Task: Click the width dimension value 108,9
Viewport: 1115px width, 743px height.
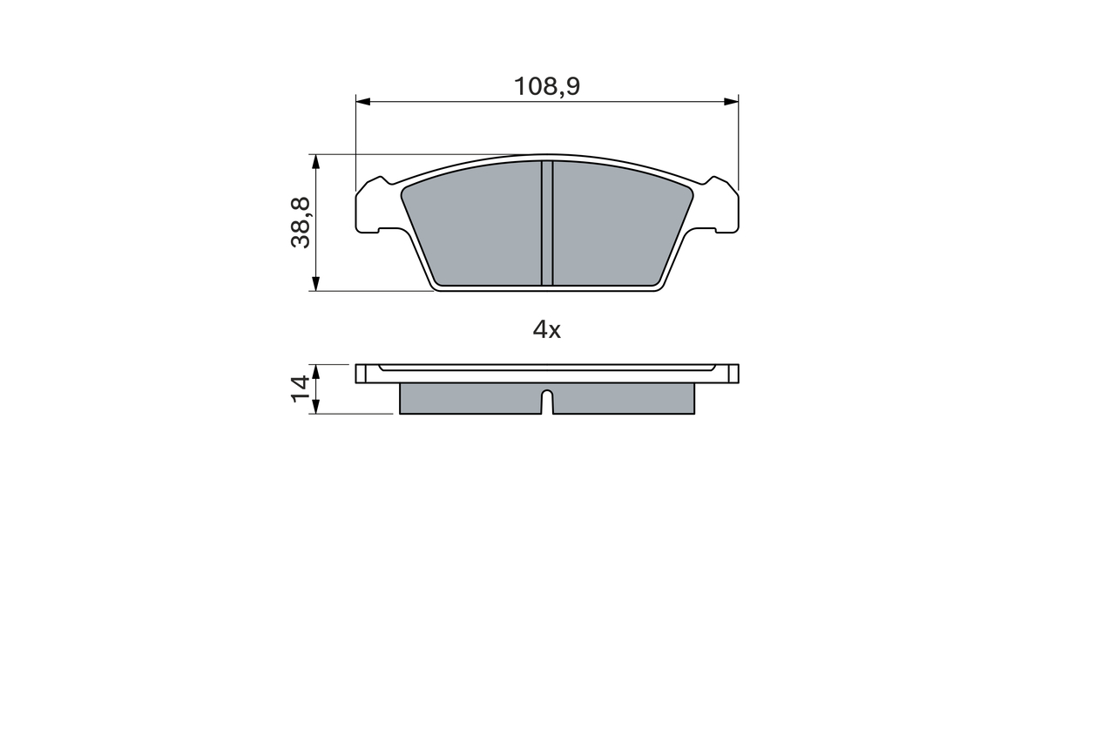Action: click(x=546, y=86)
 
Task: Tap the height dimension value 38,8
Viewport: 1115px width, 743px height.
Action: click(x=301, y=222)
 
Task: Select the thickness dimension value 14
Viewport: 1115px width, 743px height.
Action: click(x=301, y=388)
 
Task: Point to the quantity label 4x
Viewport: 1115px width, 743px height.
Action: click(x=546, y=329)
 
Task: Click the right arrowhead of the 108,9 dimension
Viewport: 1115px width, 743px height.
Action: click(x=731, y=102)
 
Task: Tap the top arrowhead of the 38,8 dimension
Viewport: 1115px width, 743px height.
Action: click(x=316, y=162)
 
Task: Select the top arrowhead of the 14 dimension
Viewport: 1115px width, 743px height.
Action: click(x=316, y=370)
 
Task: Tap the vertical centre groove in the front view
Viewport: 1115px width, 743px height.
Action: click(x=547, y=223)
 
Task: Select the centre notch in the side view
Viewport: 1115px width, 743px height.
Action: click(x=547, y=402)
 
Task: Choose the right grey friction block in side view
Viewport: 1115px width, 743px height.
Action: click(x=624, y=399)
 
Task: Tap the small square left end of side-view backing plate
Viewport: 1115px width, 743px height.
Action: click(x=362, y=374)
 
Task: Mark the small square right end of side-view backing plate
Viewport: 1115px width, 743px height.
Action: click(x=733, y=374)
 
